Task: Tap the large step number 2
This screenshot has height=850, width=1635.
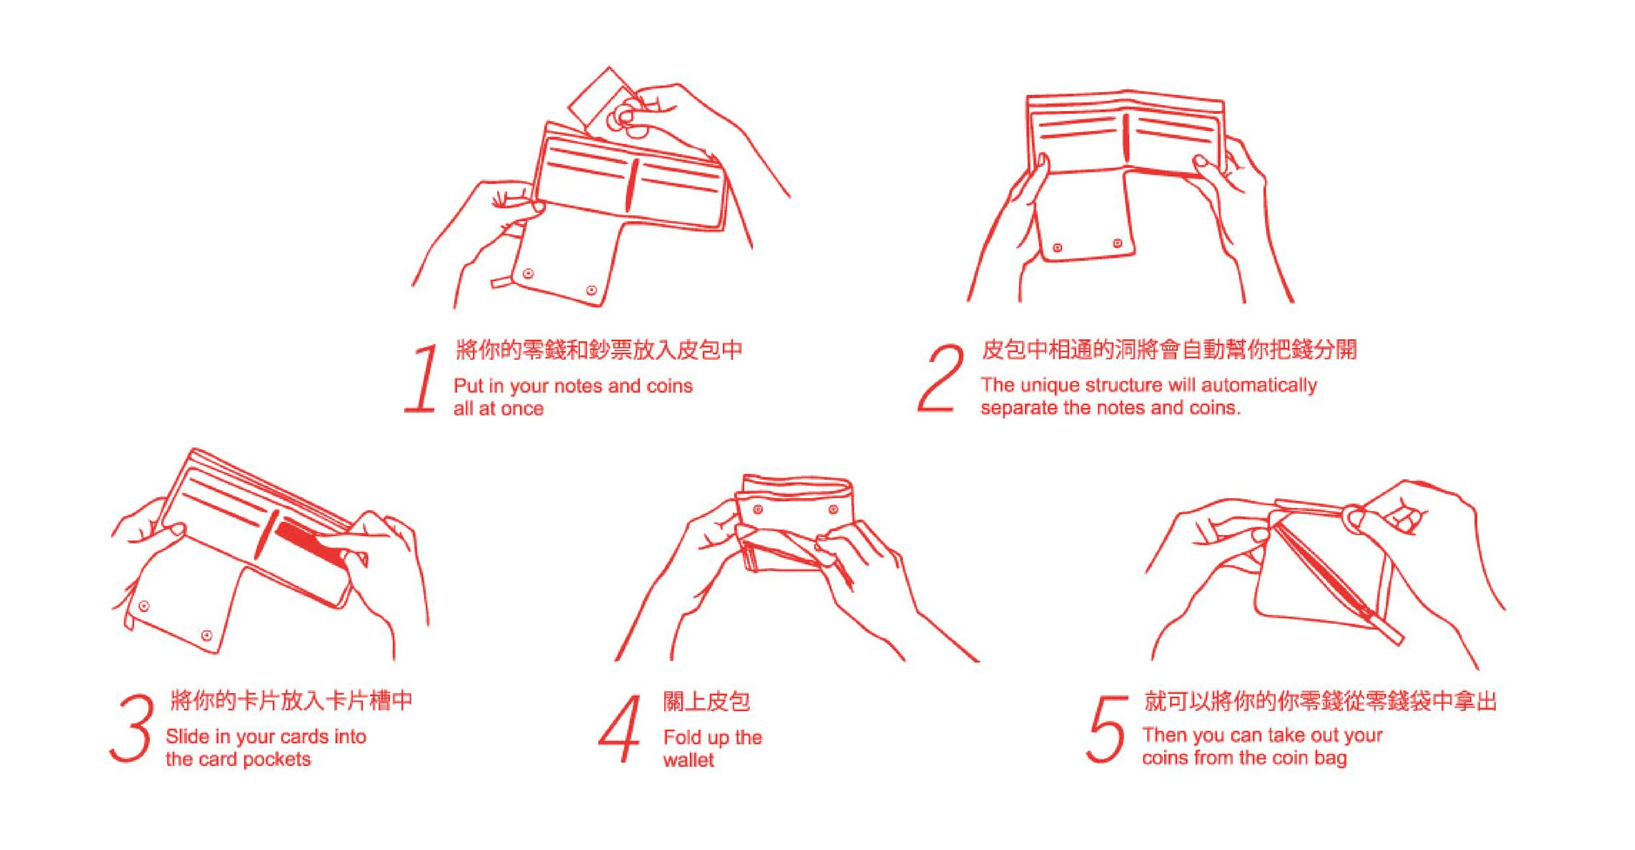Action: pos(940,379)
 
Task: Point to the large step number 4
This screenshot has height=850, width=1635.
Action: pos(620,728)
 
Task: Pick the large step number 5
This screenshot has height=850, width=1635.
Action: pos(1107,729)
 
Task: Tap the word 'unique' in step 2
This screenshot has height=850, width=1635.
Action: pos(1050,386)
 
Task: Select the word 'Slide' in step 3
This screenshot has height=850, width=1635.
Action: pos(188,736)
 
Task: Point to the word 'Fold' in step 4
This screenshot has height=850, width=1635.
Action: pos(682,738)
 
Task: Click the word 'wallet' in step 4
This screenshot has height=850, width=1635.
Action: pos(689,760)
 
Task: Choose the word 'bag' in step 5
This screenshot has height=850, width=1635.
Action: pos(1331,759)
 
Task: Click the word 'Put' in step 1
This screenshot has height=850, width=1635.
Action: pos(469,386)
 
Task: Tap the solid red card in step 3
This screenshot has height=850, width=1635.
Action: pos(310,542)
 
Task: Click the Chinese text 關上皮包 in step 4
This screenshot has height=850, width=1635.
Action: pos(706,702)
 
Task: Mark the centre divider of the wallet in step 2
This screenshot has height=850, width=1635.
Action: pos(1126,138)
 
